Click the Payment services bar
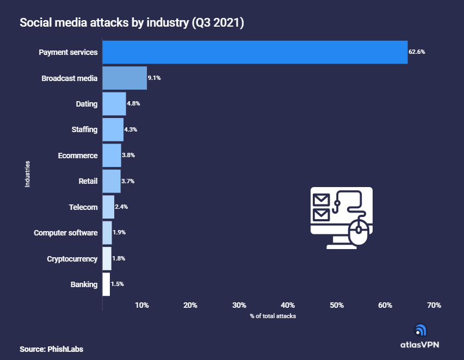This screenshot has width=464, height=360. tap(255, 52)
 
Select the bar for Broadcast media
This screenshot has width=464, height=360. tap(125, 78)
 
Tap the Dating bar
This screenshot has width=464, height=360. tap(114, 104)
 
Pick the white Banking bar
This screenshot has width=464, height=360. tap(106, 284)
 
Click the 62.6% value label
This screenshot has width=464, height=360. tap(417, 52)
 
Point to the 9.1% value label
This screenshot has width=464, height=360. tap(154, 78)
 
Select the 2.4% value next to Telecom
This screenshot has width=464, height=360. tap(121, 207)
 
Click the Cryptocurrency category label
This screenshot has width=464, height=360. tap(72, 259)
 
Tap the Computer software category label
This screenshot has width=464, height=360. tap(65, 233)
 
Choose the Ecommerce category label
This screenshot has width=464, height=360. tap(78, 156)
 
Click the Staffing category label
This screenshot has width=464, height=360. tap(84, 129)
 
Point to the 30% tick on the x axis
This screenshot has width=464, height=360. tap(239, 305)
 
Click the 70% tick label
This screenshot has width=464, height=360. tap(434, 305)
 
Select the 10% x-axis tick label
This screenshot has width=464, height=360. tap(141, 305)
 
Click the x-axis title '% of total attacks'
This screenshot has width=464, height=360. tap(273, 316)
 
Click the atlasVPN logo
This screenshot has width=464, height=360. tap(419, 337)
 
